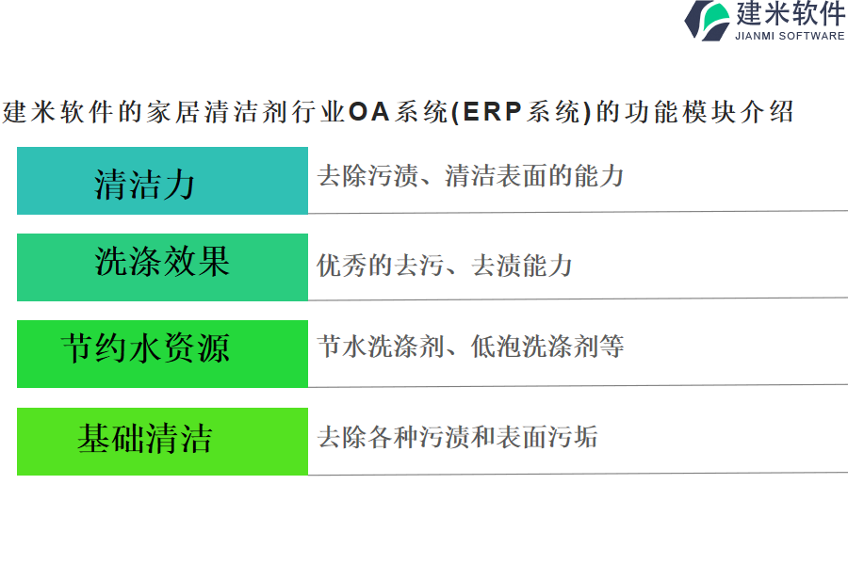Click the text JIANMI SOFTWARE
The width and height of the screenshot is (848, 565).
click(790, 36)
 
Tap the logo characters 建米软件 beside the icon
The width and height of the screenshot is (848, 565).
click(791, 13)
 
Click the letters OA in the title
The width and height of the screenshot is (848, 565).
click(368, 112)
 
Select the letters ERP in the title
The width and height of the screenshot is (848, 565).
click(492, 112)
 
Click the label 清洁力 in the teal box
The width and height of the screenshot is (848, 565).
click(144, 184)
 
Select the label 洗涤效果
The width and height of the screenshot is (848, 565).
click(162, 262)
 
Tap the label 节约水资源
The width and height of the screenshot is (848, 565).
click(145, 347)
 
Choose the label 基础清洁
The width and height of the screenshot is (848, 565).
click(144, 437)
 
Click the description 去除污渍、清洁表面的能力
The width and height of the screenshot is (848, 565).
click(470, 176)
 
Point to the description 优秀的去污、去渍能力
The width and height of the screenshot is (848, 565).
click(445, 265)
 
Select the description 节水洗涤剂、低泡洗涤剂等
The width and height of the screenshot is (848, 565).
click(470, 346)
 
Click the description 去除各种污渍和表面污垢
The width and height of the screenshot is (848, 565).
click(458, 436)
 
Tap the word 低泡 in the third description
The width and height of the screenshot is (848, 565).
click(496, 346)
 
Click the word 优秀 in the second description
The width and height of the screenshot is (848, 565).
click(342, 265)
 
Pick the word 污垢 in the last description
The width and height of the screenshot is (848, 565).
click(573, 436)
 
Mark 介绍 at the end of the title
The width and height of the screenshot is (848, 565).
click(767, 112)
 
